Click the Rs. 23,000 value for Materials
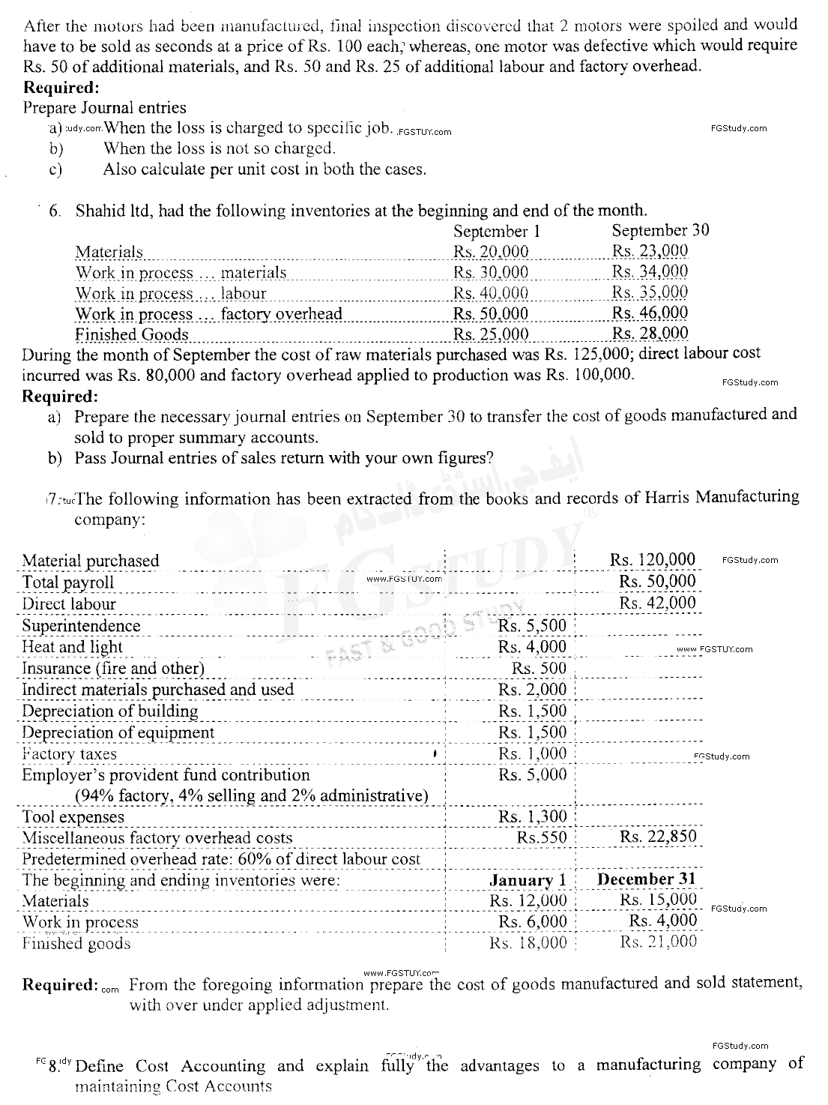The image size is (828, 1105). [x=650, y=252]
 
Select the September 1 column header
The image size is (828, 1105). [x=496, y=232]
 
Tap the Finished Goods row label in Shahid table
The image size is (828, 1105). [x=132, y=334]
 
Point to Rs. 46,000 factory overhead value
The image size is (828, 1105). [x=650, y=313]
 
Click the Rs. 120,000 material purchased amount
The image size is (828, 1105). [x=653, y=560]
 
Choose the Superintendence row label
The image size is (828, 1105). [x=81, y=626]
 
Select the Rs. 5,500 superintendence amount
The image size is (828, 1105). [x=532, y=626]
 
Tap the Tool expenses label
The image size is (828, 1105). [x=73, y=817]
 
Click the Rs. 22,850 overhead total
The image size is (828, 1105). [x=658, y=837]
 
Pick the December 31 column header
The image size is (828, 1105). [x=647, y=879]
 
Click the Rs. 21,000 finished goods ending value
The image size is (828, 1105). [x=658, y=942]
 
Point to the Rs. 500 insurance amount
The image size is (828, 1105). [x=539, y=668]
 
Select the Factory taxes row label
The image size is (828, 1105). [x=70, y=754]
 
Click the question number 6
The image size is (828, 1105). [x=55, y=211]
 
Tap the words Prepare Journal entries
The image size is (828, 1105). [x=105, y=107]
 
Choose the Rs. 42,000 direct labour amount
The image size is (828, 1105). [x=657, y=603]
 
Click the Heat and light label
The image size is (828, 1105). [x=72, y=647]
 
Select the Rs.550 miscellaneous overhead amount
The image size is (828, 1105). [x=542, y=837]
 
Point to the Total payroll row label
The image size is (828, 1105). [x=68, y=582]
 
